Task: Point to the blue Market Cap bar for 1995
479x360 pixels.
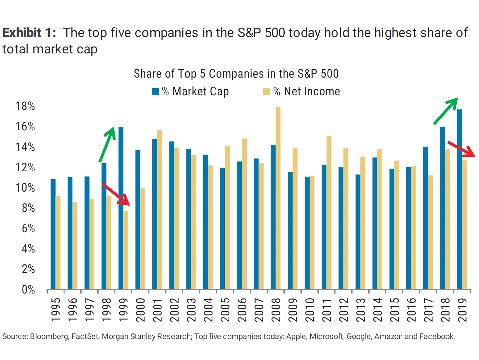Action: [x=53, y=234]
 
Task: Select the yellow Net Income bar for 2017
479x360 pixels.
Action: [x=431, y=232]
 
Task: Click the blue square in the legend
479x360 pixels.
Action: [x=155, y=92]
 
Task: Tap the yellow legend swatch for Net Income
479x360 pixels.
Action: [x=267, y=92]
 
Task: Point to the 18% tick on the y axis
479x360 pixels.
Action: [x=25, y=106]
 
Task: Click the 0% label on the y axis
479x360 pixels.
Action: [x=28, y=290]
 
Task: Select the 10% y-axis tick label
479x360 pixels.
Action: [x=25, y=188]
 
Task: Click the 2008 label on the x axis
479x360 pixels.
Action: [x=276, y=310]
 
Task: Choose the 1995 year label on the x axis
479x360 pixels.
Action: [x=56, y=310]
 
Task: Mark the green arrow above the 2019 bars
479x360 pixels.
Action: [x=446, y=111]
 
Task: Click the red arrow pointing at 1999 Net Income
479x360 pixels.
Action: [x=116, y=194]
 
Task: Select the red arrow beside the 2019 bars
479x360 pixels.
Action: [x=461, y=149]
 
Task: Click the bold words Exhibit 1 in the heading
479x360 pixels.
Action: [x=29, y=33]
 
